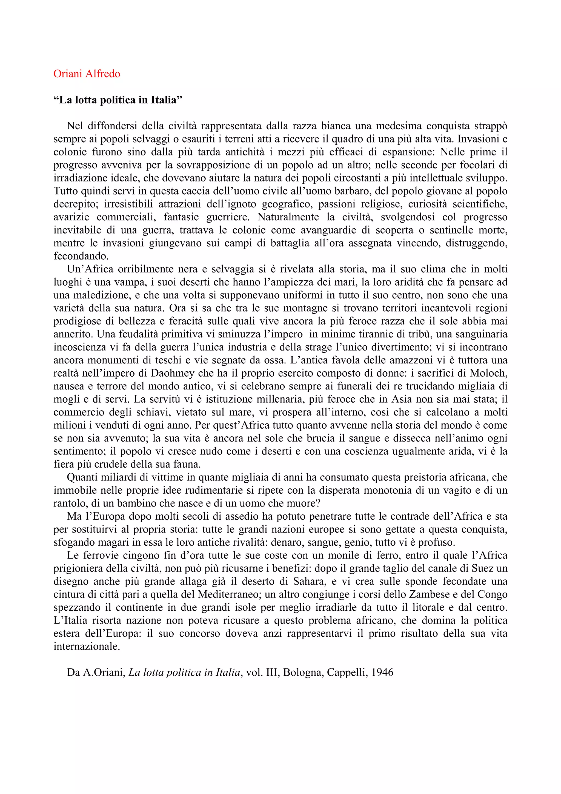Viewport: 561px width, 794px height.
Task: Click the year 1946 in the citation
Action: point(382,673)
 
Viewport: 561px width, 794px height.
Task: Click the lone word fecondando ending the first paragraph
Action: point(81,256)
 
